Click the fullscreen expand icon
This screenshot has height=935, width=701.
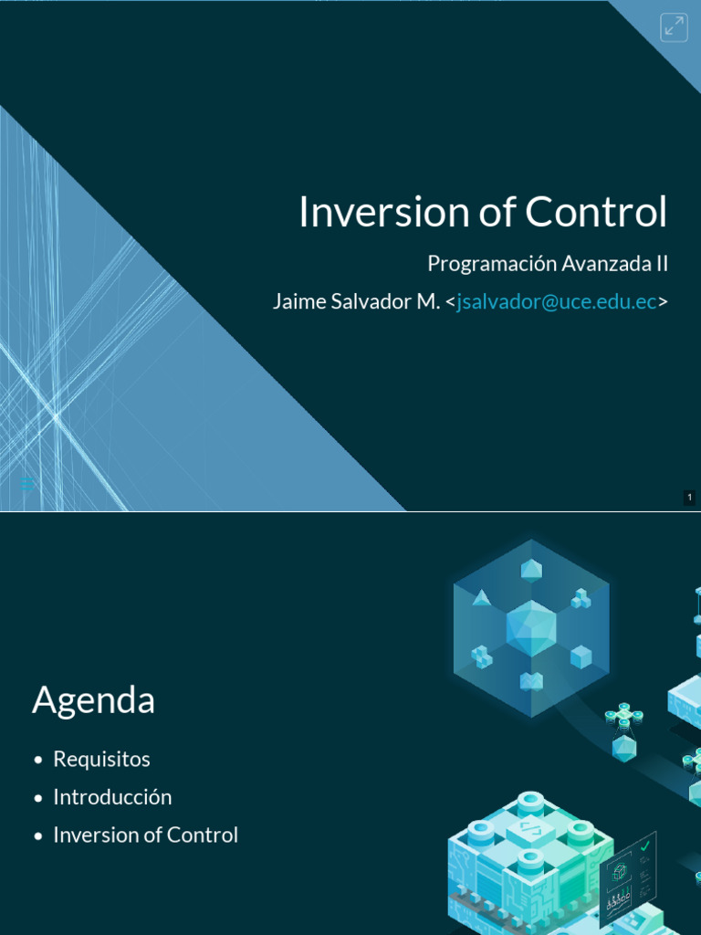tap(675, 27)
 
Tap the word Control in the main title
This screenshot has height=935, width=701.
tap(595, 212)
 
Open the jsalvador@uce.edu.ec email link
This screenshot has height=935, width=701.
tap(557, 301)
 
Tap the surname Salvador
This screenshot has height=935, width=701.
tap(371, 301)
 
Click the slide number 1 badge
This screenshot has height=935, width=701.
tap(690, 498)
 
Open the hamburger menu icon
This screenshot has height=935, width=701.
tap(26, 484)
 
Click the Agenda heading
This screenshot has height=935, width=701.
tap(94, 700)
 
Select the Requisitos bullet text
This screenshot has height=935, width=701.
tap(102, 759)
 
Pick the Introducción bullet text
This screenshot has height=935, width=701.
tap(112, 797)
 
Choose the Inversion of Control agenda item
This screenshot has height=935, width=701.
tap(146, 835)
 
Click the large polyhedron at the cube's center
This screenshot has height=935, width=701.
tap(531, 628)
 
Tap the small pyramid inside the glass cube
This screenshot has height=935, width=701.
tap(482, 598)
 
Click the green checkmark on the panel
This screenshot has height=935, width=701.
tap(644, 845)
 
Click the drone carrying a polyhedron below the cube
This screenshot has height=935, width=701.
tap(624, 732)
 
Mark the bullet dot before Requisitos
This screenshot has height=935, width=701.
tap(38, 760)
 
